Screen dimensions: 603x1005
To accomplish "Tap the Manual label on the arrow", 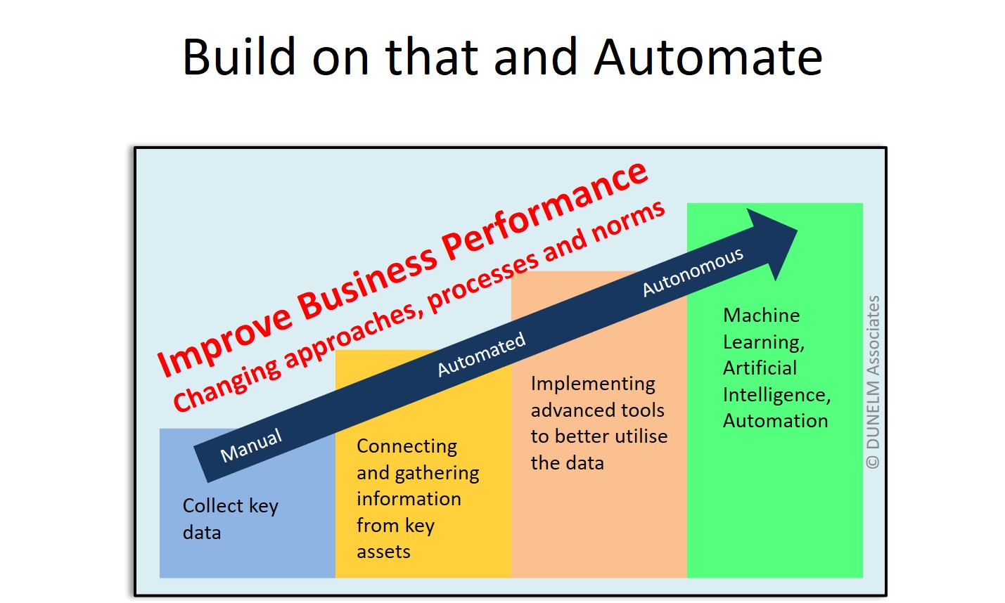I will (251, 446).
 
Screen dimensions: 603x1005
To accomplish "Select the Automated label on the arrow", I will (482, 354).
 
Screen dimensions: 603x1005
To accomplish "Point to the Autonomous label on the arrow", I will (693, 271).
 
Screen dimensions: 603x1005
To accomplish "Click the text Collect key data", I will (230, 519).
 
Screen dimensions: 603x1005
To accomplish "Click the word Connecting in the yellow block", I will (407, 446).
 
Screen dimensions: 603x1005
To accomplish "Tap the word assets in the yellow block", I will (383, 552).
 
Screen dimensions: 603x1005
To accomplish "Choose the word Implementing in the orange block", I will (593, 384).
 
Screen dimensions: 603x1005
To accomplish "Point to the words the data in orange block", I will (567, 463).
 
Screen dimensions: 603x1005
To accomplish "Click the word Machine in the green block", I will (761, 316).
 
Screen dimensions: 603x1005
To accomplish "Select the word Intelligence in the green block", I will (776, 395).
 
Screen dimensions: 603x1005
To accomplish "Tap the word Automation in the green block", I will (775, 421).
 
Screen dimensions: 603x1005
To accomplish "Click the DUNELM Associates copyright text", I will (873, 382).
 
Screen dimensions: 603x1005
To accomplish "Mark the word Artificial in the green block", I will (760, 368).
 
